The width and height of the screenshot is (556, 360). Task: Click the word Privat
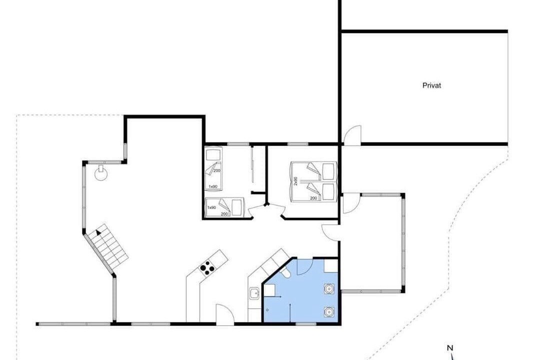coord(431,85)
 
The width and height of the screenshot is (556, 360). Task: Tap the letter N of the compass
coord(450,348)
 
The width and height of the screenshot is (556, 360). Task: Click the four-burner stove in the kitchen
coord(207,268)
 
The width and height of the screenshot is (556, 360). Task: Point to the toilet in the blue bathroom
coord(284,271)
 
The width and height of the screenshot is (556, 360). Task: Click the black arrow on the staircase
coord(98,232)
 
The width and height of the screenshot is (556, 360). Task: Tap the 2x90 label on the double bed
coord(295,181)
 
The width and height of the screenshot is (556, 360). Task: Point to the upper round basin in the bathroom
coord(329,288)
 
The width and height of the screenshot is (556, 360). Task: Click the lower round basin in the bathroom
coord(329,312)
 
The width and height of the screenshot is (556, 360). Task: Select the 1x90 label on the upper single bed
coord(213,186)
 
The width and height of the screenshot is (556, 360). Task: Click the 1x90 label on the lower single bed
coord(211,207)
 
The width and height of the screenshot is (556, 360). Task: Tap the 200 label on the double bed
coord(313,198)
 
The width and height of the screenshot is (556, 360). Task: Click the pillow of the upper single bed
coord(213,155)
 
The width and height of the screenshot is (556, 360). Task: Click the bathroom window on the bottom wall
coord(305,324)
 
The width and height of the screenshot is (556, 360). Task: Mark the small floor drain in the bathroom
coord(267,310)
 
